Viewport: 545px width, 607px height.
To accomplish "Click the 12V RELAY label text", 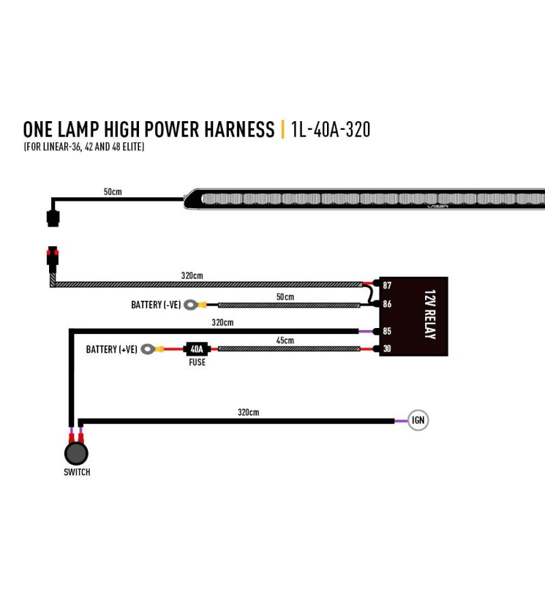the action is (430, 314).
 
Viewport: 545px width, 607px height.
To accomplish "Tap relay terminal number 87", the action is (387, 285).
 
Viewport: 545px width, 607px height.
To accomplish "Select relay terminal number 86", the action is (387, 304).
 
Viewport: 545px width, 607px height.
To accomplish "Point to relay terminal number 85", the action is (387, 331).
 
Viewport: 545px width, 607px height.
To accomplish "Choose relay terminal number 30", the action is (387, 348).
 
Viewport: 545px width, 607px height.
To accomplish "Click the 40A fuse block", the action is (197, 349).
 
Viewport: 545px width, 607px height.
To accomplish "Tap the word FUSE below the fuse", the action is (197, 362).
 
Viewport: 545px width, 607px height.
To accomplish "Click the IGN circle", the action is (418, 420).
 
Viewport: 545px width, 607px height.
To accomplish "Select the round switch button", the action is (76, 453).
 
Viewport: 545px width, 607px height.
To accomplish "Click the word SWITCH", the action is (77, 472).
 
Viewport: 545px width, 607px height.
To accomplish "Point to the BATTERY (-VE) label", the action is (156, 305).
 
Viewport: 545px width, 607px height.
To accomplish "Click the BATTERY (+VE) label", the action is (112, 349).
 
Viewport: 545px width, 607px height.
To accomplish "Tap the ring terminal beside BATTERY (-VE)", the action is (190, 305).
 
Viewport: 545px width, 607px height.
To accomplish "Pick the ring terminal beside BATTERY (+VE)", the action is (148, 349).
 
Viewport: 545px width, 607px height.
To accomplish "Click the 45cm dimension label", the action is (285, 340).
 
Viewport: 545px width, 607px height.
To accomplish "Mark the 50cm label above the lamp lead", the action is (113, 192).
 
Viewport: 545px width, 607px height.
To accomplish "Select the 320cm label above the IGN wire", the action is (249, 412).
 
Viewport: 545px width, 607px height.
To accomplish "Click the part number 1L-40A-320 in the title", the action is (330, 129).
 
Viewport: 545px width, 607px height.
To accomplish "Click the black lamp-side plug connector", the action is (53, 218).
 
